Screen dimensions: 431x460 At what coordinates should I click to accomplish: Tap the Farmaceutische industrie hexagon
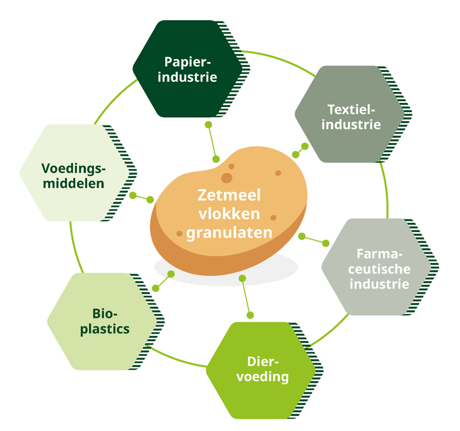(x=377, y=268)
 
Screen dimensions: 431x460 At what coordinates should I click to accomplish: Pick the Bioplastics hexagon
(x=103, y=321)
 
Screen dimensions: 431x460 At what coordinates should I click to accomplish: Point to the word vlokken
(x=229, y=214)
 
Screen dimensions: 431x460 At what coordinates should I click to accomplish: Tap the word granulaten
(x=229, y=233)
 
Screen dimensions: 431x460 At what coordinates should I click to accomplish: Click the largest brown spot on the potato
(x=227, y=178)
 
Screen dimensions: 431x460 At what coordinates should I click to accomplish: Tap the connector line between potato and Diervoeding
(x=246, y=297)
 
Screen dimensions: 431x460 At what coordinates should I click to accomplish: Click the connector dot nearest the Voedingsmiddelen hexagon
(x=133, y=196)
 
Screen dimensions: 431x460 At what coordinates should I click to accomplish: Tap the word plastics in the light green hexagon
(x=105, y=329)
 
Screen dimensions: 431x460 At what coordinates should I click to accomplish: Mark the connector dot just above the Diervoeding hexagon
(x=250, y=315)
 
